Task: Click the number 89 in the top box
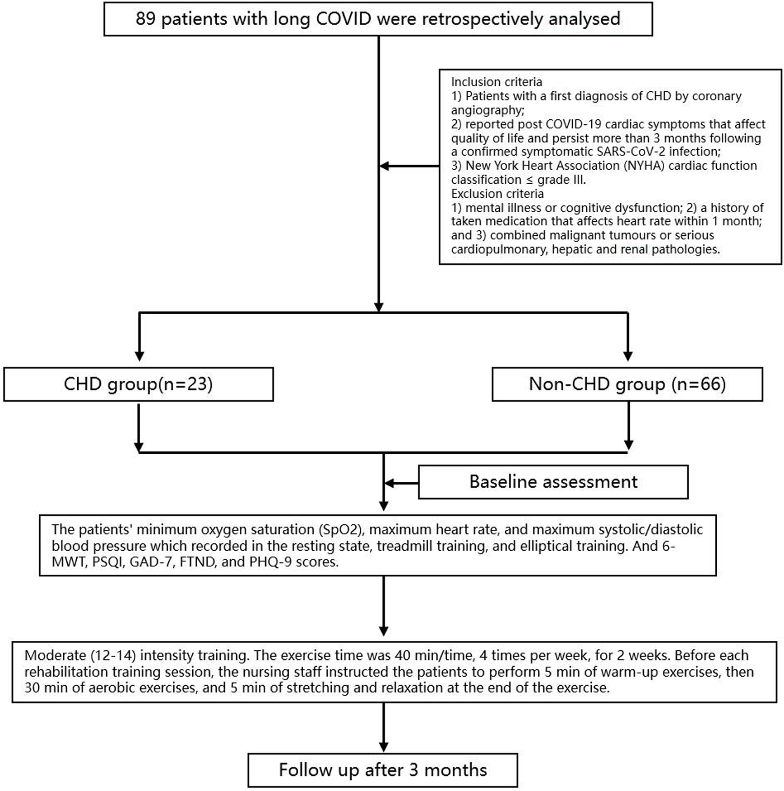click(x=145, y=19)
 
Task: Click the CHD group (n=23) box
click(x=138, y=384)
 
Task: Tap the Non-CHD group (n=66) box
click(x=627, y=384)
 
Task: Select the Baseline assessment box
click(x=553, y=482)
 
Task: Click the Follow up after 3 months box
click(x=383, y=770)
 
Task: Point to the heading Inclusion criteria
click(x=496, y=82)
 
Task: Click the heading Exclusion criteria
click(x=497, y=194)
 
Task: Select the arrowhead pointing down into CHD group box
click(x=139, y=356)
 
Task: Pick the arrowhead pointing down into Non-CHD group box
click(x=628, y=356)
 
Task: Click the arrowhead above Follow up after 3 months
click(x=384, y=747)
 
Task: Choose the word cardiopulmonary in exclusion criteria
click(x=499, y=249)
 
